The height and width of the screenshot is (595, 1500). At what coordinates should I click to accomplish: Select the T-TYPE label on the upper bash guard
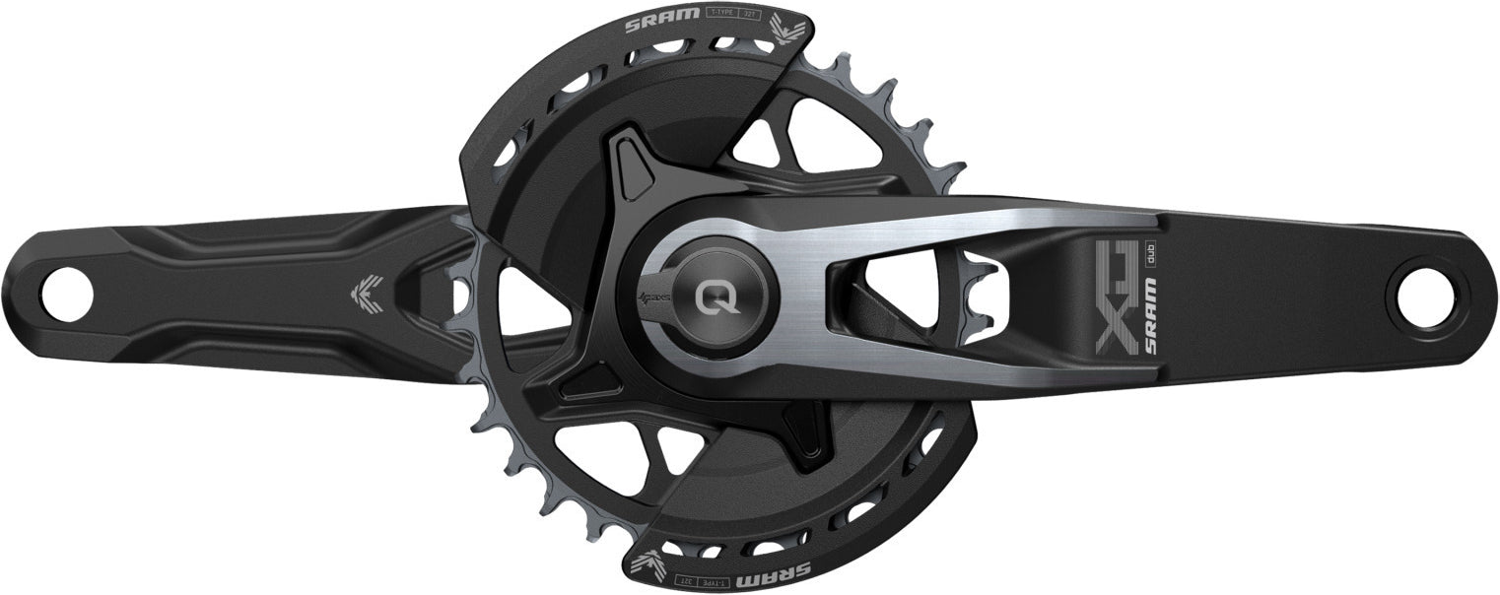(x=719, y=15)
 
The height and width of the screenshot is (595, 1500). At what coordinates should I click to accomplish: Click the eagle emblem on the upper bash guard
(x=789, y=31)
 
